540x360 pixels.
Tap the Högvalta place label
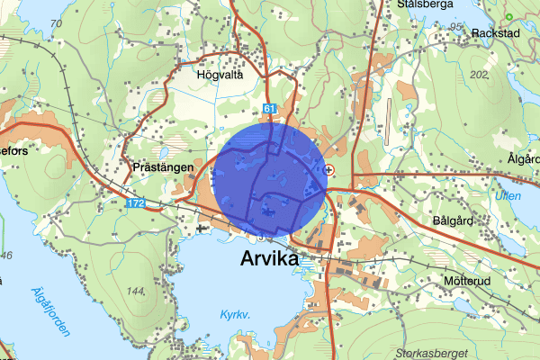coord(220,76)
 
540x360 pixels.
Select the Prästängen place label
coord(158,167)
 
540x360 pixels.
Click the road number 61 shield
coord(269,109)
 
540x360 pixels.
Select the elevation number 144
coord(136,291)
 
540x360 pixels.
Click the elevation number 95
coord(455,27)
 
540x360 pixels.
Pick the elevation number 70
coord(57,22)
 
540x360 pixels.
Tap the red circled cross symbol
coord(328,169)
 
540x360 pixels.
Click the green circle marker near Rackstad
coord(508,16)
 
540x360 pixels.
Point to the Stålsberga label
coord(432,4)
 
